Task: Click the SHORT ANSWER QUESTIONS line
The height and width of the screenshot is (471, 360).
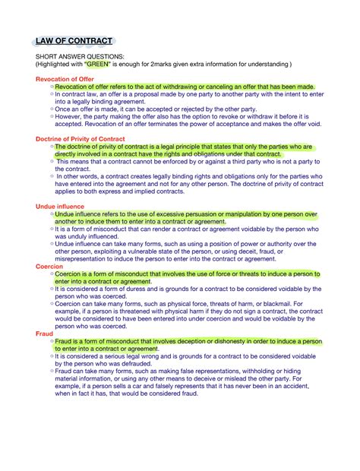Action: point(78,57)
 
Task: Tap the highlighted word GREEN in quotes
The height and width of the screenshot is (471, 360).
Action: point(96,65)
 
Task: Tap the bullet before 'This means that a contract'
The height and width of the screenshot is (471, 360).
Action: point(52,162)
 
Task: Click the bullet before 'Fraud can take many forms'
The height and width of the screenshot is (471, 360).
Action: point(52,370)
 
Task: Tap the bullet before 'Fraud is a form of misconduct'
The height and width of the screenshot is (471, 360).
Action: point(52,342)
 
